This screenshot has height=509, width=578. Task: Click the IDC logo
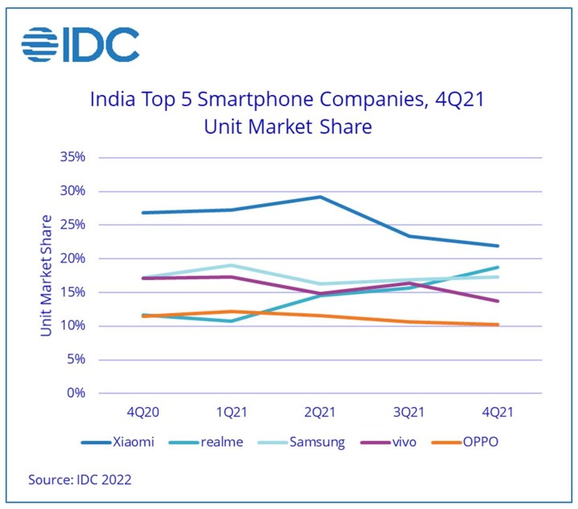[80, 44]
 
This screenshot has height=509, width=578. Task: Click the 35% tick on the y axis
[72, 157]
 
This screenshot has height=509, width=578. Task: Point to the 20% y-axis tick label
[72, 259]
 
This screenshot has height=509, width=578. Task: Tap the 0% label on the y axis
[75, 393]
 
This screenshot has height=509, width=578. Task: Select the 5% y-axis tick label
[75, 359]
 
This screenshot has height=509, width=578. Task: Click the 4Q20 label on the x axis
[142, 412]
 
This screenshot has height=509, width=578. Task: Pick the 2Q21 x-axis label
[320, 412]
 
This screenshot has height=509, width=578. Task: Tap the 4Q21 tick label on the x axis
[497, 412]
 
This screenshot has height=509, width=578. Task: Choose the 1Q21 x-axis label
[231, 412]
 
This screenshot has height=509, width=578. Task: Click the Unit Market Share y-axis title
[46, 275]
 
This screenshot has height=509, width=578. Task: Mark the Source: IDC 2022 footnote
[79, 480]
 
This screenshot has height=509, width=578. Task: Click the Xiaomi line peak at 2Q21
[320, 197]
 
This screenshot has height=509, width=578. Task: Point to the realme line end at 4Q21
[498, 267]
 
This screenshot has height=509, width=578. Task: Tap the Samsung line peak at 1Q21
[231, 265]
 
